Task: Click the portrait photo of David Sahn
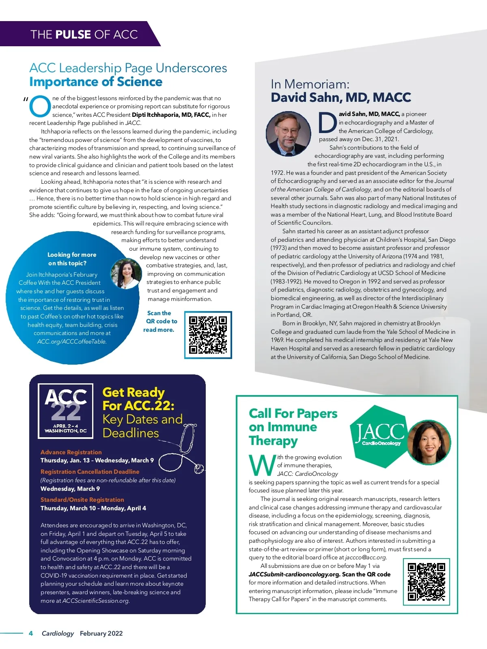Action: pos(289,134)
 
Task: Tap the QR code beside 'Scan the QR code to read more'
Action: pos(208,335)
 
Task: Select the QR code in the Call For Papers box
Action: pos(426,582)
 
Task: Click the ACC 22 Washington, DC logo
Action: pos(66,410)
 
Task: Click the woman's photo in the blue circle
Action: pos(126,274)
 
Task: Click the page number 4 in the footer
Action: pos(31,633)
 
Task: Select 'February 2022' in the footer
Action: pos(101,633)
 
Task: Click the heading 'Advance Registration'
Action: pos(71,452)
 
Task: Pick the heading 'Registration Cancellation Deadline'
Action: pos(90,471)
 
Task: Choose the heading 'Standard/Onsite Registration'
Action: pos(82,499)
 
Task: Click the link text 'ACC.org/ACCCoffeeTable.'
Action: pos(72,342)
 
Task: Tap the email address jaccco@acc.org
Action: pos(366,557)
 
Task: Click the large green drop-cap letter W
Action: pos(262,465)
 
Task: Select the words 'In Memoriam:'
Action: pos(310,84)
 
